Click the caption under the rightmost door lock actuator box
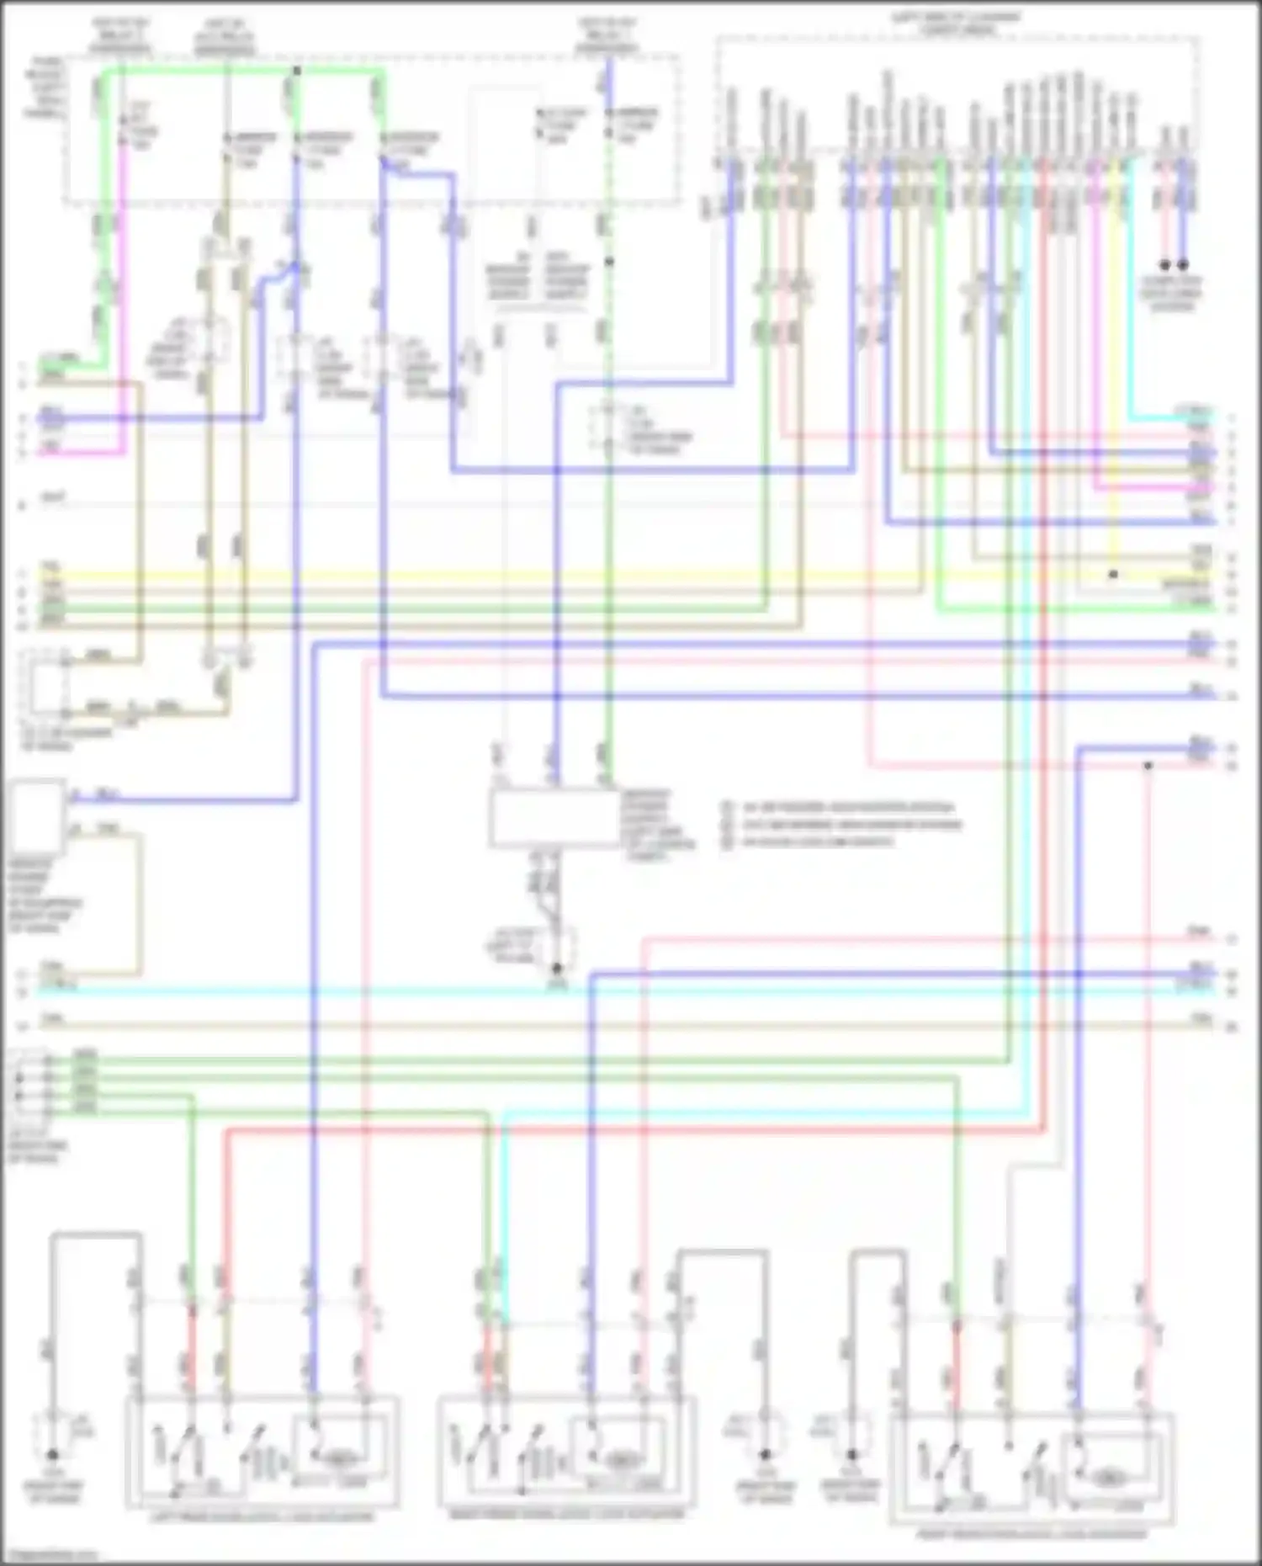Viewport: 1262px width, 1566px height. tap(1032, 1533)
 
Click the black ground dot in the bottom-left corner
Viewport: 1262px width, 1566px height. tap(52, 1454)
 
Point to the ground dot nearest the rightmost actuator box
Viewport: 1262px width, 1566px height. tap(851, 1454)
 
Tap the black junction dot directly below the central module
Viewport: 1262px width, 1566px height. tap(556, 969)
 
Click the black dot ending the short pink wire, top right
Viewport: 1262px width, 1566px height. tap(1165, 264)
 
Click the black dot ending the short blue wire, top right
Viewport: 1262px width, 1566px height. tap(1183, 264)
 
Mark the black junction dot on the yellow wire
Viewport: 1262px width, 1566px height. tap(1113, 575)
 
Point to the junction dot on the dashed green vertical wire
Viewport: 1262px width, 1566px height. tap(609, 262)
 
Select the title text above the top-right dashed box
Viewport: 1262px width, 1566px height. tap(957, 23)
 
